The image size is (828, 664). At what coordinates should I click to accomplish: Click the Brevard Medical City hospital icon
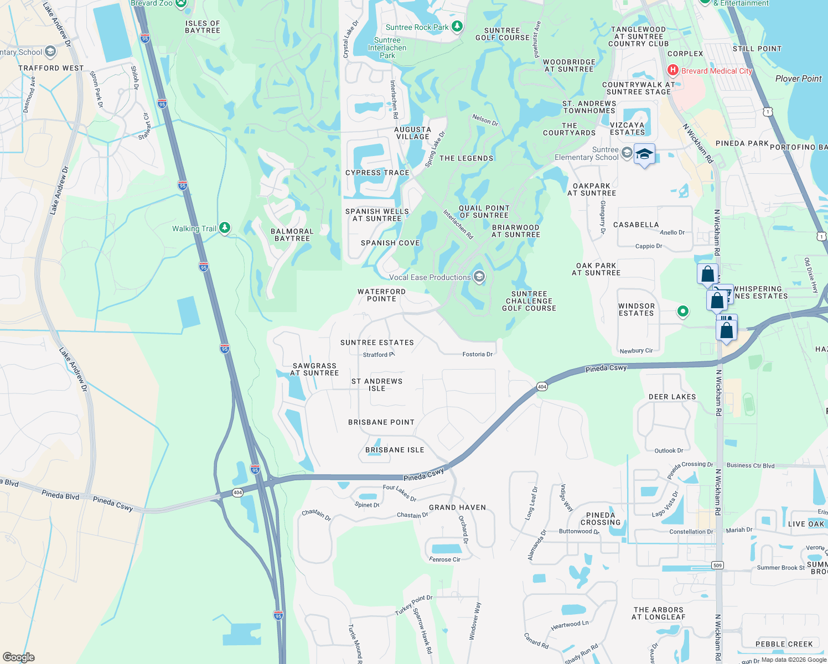pyautogui.click(x=673, y=70)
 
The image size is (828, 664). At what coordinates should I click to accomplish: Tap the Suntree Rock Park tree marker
pyautogui.click(x=457, y=26)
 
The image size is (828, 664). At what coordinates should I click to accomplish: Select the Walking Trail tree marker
pyautogui.click(x=224, y=227)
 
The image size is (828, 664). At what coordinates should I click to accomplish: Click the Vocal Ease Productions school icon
pyautogui.click(x=479, y=277)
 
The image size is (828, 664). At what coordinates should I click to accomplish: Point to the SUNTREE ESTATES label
pyautogui.click(x=377, y=343)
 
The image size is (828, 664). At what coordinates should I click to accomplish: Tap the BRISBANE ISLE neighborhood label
pyautogui.click(x=395, y=450)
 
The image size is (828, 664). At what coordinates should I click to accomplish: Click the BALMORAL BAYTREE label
pyautogui.click(x=292, y=235)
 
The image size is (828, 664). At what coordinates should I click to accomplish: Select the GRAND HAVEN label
pyautogui.click(x=457, y=507)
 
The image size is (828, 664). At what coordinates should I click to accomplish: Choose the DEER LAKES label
pyautogui.click(x=672, y=397)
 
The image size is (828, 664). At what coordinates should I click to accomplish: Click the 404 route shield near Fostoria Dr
pyautogui.click(x=542, y=387)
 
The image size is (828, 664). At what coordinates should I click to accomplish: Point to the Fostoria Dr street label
pyautogui.click(x=477, y=354)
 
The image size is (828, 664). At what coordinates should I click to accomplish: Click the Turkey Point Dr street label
pyautogui.click(x=413, y=605)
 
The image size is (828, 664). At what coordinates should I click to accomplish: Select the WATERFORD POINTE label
pyautogui.click(x=381, y=295)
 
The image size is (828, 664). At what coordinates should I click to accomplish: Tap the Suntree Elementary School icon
pyautogui.click(x=627, y=152)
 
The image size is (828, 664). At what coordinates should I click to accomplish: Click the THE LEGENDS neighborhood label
pyautogui.click(x=466, y=158)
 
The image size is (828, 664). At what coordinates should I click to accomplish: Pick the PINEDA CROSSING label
pyautogui.click(x=601, y=518)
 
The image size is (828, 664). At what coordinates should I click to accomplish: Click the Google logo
pyautogui.click(x=18, y=657)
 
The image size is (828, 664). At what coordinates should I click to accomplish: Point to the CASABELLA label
pyautogui.click(x=636, y=225)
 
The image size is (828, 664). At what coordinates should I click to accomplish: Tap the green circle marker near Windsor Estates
pyautogui.click(x=683, y=312)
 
